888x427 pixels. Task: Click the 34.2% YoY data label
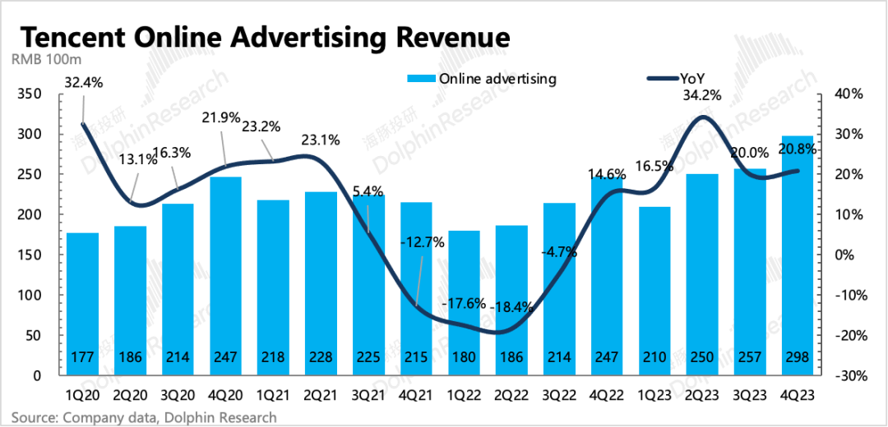tap(701, 95)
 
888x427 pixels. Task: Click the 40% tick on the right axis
tap(846, 94)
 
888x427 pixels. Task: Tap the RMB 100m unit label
tap(45, 59)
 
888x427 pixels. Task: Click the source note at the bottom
tap(144, 417)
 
